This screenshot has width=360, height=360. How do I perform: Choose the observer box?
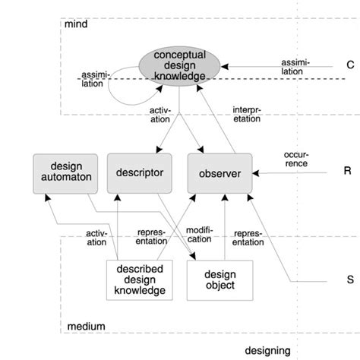coord(219,174)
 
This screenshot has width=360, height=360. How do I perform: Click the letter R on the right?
coord(347,172)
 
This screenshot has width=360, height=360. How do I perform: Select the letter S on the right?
coord(350,279)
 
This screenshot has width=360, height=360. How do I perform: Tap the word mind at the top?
coord(77,24)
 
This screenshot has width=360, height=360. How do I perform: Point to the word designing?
coord(268,350)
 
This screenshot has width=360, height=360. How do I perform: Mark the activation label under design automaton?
coord(96,237)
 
